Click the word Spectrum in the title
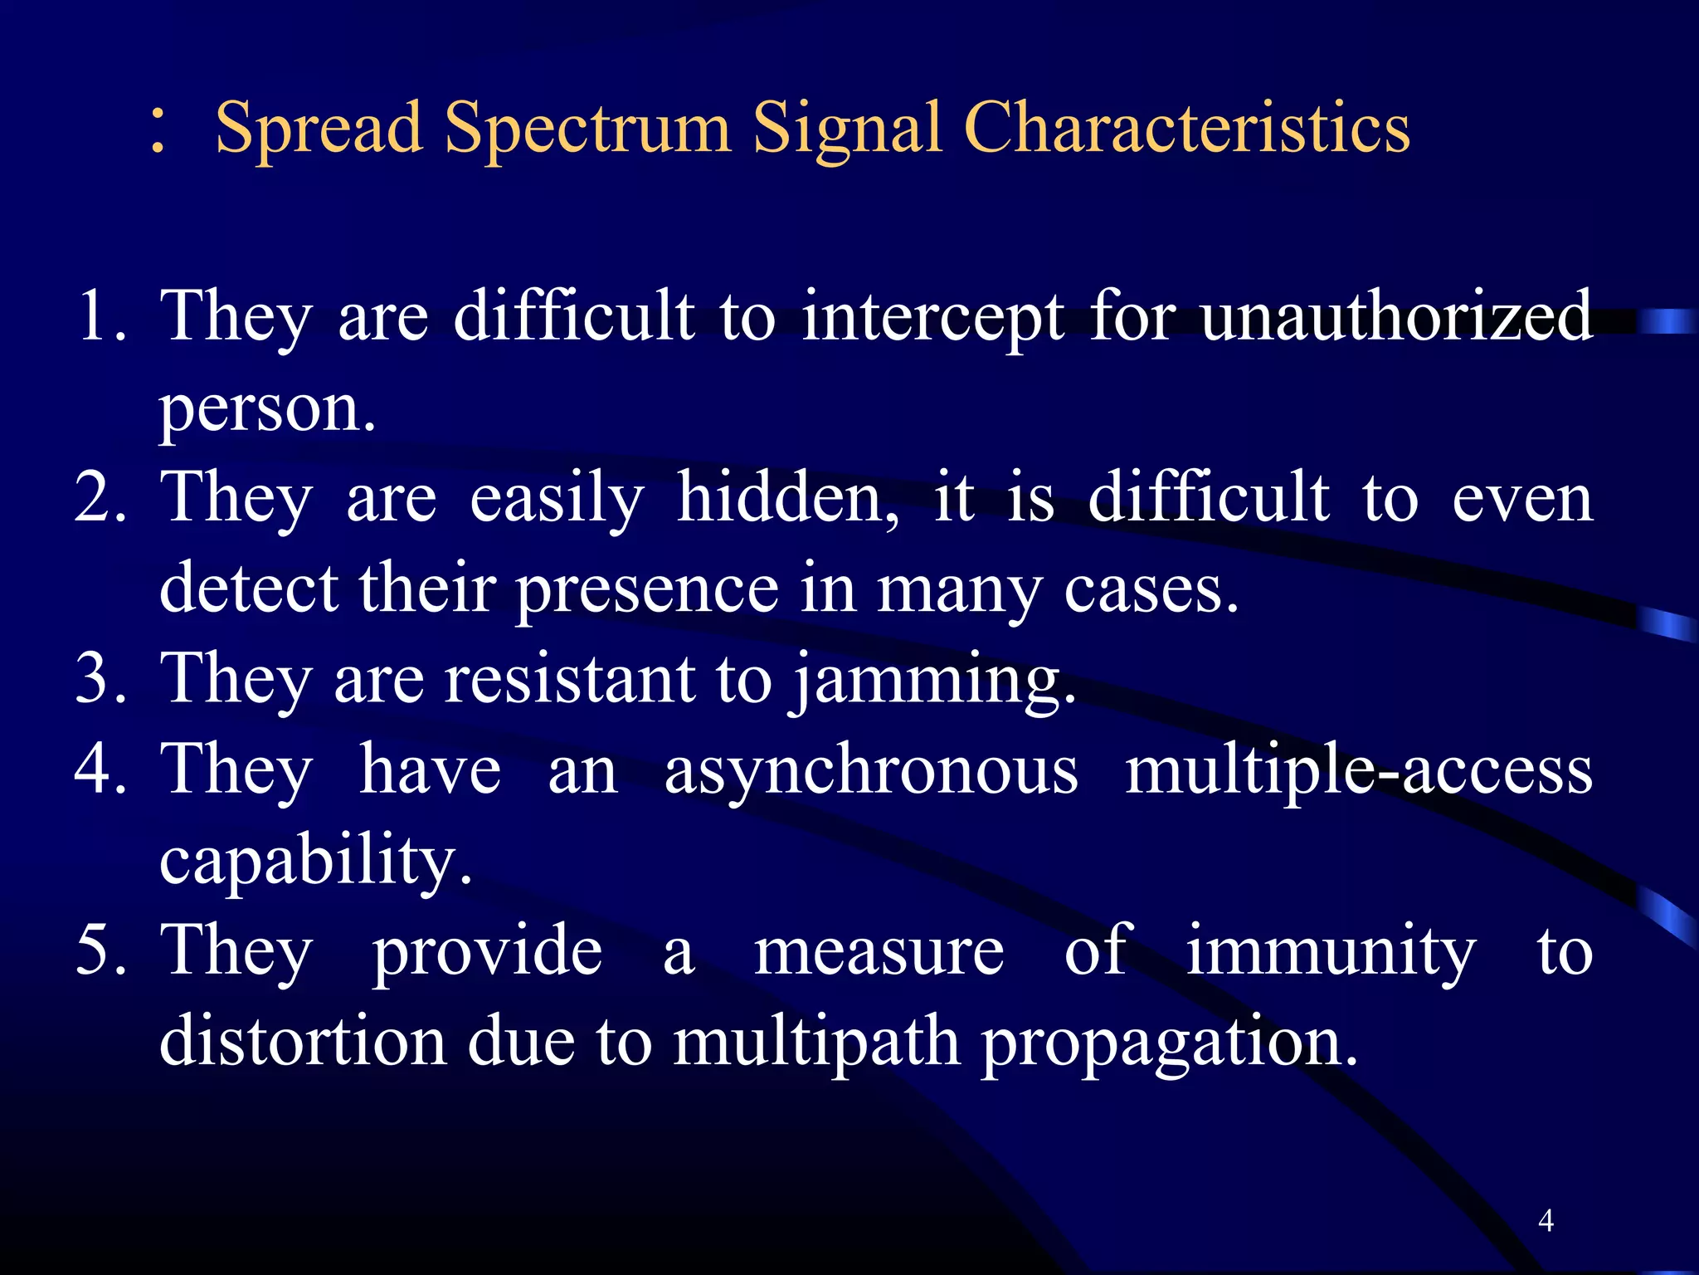pos(587,129)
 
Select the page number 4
pos(1546,1220)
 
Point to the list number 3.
pos(100,678)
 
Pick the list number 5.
pos(100,950)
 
